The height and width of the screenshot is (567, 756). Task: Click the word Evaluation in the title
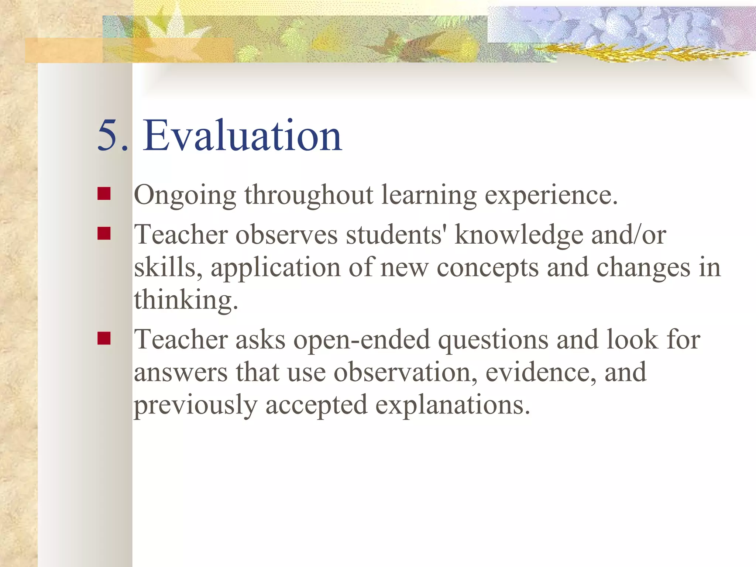click(x=243, y=136)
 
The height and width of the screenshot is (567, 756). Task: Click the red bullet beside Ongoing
click(x=104, y=193)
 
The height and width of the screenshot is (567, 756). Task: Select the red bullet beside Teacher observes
click(x=104, y=233)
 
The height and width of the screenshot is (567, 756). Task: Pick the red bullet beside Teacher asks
click(x=104, y=338)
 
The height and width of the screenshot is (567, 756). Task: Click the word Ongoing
click(x=185, y=196)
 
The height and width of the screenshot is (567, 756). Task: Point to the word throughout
click(x=309, y=196)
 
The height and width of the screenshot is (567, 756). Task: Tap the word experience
click(x=551, y=196)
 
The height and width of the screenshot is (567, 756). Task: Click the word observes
click(x=286, y=235)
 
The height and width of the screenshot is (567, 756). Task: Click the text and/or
click(x=629, y=235)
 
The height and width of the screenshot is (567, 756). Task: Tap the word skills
click(x=168, y=268)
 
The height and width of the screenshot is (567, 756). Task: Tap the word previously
click(x=195, y=405)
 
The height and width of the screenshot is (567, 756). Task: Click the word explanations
click(x=453, y=405)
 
